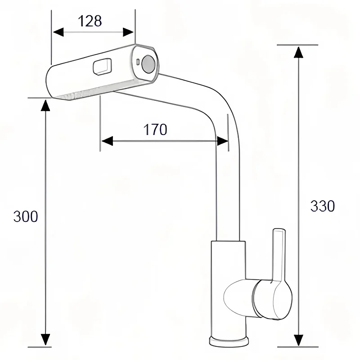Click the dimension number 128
(90, 21)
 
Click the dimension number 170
(155, 130)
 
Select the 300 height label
(26, 216)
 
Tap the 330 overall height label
(322, 206)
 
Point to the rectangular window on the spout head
(103, 67)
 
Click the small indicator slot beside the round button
(138, 62)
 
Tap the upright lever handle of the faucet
(279, 255)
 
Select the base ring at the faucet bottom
(229, 341)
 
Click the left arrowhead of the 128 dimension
(58, 32)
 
